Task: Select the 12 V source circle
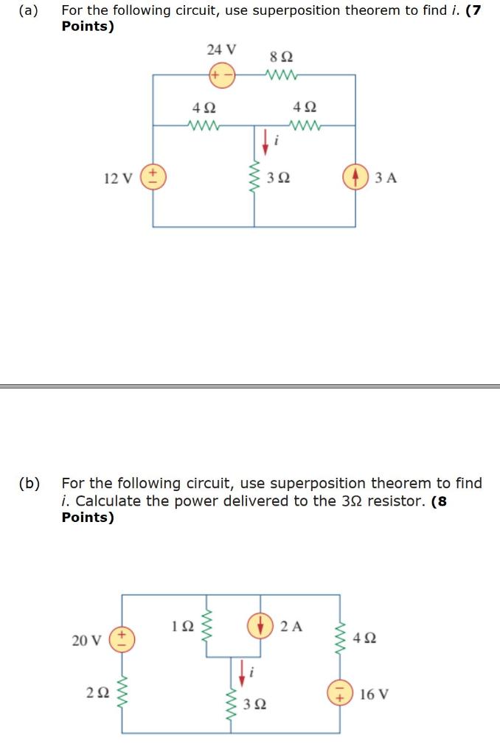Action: click(x=153, y=178)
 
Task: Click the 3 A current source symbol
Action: click(x=355, y=178)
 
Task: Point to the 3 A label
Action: click(x=386, y=178)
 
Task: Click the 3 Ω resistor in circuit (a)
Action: click(x=255, y=178)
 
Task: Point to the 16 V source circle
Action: click(x=340, y=694)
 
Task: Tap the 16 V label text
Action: click(x=375, y=694)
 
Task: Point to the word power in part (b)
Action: click(x=205, y=501)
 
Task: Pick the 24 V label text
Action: click(x=222, y=50)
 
